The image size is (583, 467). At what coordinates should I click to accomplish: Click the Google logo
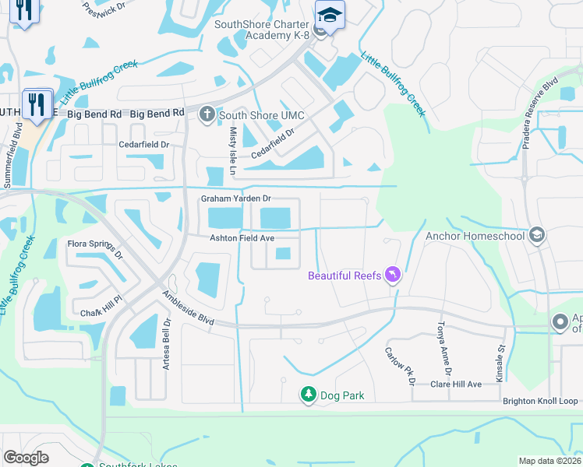(x=26, y=458)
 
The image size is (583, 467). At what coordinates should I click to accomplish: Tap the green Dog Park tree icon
(x=309, y=395)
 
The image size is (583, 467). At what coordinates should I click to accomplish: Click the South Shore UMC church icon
(x=207, y=115)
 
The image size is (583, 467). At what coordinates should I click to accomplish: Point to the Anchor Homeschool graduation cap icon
(x=535, y=235)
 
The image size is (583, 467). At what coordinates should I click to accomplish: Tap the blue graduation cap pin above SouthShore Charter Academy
(x=330, y=16)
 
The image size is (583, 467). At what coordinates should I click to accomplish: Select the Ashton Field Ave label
(x=242, y=238)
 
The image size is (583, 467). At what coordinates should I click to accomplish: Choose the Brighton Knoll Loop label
(x=541, y=401)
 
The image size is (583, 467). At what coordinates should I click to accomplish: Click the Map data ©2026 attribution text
(x=549, y=461)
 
